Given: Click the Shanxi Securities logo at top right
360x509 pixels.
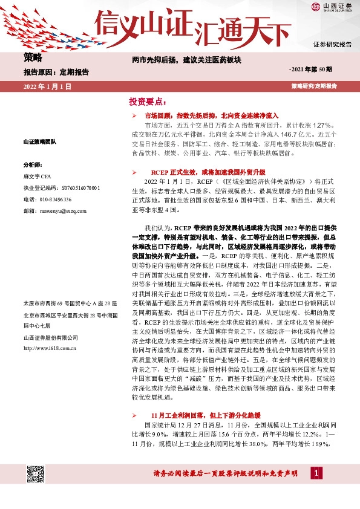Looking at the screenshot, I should [x=332, y=7].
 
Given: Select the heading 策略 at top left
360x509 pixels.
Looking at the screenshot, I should [x=33, y=58].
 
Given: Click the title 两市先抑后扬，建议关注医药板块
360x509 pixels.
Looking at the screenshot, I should [x=187, y=60].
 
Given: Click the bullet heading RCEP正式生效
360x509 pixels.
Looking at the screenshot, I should [x=200, y=172].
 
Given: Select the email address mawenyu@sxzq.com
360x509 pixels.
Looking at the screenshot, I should [x=51, y=211].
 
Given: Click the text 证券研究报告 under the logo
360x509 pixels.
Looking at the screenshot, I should [x=332, y=44].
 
